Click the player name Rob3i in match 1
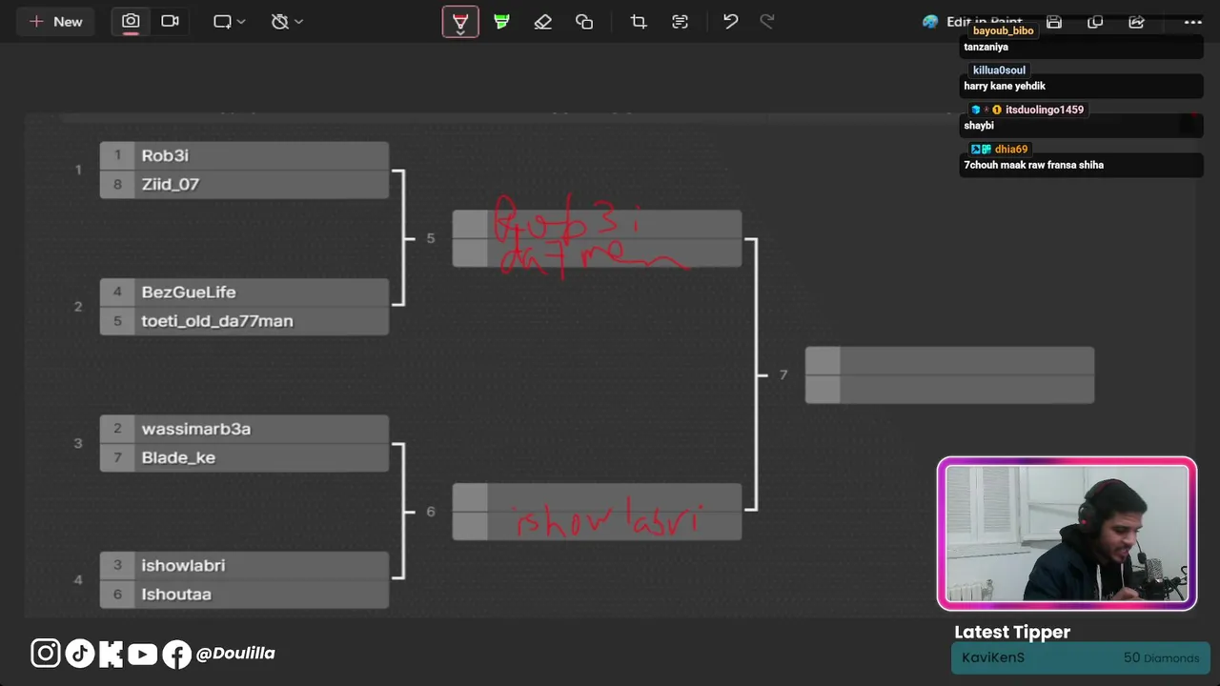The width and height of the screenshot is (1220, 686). point(165,155)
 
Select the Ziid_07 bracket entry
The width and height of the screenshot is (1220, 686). point(170,184)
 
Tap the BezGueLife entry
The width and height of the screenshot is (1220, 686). point(188,292)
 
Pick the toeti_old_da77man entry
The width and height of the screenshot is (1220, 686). point(216,321)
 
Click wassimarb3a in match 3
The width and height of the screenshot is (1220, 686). point(195,429)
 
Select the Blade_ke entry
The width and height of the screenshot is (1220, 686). point(178,457)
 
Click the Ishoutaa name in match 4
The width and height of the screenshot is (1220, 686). point(176,595)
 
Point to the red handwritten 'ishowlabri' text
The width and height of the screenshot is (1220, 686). point(607,520)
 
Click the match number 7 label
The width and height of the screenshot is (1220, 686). point(783,375)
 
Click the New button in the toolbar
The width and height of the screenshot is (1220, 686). point(56,21)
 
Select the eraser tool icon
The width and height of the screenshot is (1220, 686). point(542,21)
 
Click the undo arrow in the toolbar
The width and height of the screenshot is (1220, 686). point(730,21)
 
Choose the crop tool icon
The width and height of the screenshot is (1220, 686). point(638,21)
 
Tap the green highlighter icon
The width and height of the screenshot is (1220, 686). point(501,21)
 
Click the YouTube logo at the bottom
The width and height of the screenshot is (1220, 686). point(142,654)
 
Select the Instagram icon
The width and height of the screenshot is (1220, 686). point(45,654)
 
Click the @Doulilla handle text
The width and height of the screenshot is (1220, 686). point(235,654)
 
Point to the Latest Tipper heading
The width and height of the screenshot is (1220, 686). point(1012,632)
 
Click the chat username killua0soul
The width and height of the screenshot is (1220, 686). point(999,71)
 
